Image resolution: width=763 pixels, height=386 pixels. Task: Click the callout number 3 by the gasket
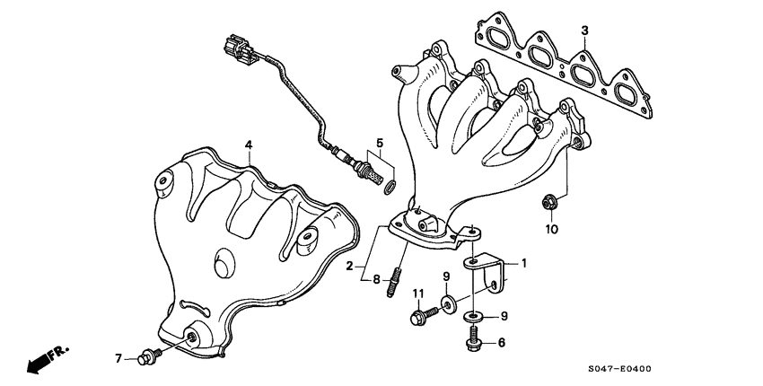click(x=584, y=31)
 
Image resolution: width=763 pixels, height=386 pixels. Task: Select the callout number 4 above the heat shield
click(x=249, y=145)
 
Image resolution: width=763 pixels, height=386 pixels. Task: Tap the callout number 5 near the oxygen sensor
click(x=380, y=143)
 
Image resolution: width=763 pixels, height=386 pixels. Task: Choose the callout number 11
click(x=417, y=294)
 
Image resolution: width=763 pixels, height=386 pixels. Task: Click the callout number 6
click(x=501, y=342)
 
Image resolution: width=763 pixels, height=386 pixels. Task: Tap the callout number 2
click(x=350, y=267)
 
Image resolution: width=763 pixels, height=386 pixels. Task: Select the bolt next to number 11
click(x=419, y=315)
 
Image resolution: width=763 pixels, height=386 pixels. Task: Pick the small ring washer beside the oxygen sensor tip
click(x=389, y=187)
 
